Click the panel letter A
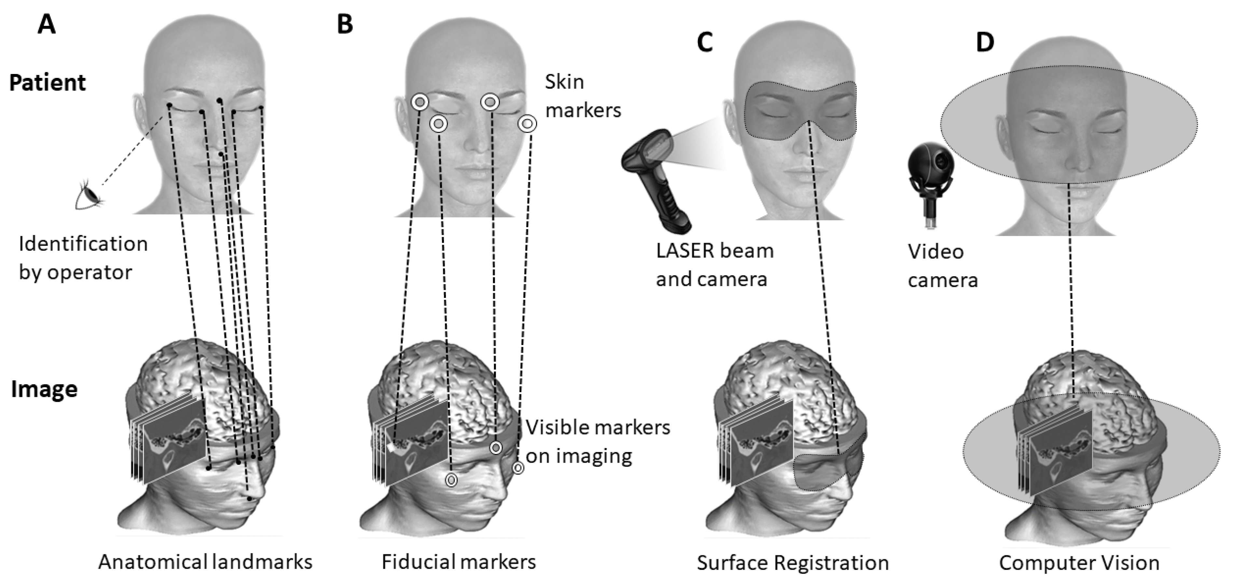click(47, 24)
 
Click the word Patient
click(48, 83)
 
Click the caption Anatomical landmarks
click(205, 562)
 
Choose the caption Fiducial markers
click(458, 562)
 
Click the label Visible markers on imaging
click(597, 441)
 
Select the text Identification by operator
click(83, 258)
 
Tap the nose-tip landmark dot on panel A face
click(220, 154)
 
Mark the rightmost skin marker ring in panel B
click(527, 124)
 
